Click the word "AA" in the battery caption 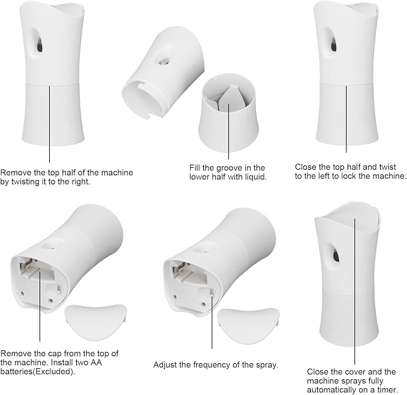tap(96, 362)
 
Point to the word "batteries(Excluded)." tap(38, 372)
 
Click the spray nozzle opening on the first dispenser tap(40, 44)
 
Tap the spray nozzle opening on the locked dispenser tap(334, 44)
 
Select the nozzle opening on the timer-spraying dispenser tap(336, 254)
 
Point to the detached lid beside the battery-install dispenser tap(95, 322)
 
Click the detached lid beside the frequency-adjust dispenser tap(248, 326)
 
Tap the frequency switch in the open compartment tap(212, 293)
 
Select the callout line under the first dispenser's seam tap(49, 125)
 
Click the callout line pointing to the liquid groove tap(229, 132)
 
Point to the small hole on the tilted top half tap(164, 61)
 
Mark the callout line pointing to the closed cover tap(355, 292)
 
